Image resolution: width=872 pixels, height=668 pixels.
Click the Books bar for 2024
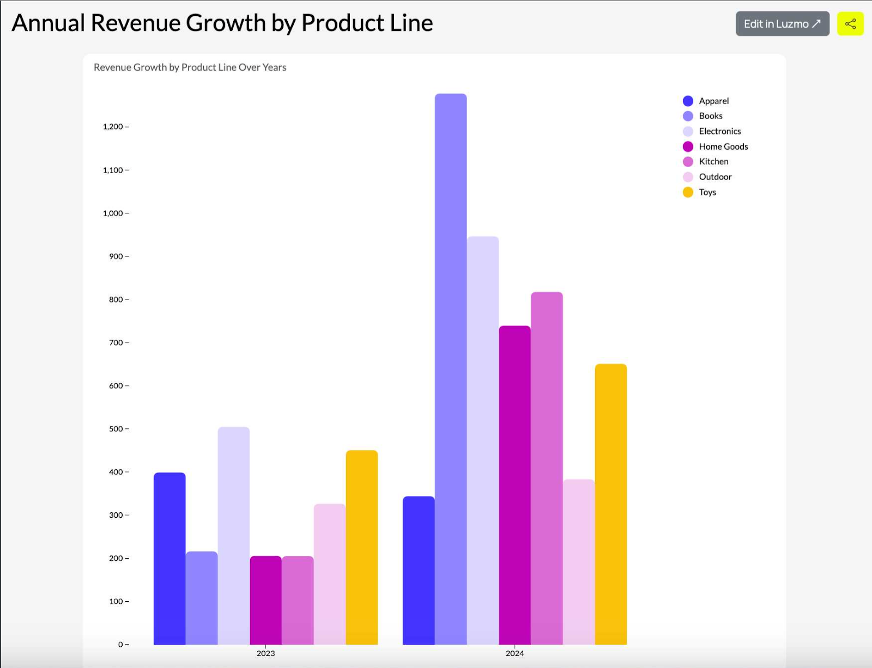(x=451, y=370)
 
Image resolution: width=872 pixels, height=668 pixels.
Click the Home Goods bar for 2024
(x=514, y=485)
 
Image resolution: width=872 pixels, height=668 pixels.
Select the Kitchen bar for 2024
(x=547, y=468)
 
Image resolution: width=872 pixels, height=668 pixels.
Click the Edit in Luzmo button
(x=782, y=24)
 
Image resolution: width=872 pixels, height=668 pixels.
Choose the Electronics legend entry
(x=719, y=131)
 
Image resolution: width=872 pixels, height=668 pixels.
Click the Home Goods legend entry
(x=723, y=146)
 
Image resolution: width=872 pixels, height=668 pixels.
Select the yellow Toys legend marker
(x=688, y=192)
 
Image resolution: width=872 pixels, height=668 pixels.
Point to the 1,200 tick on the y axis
(x=113, y=127)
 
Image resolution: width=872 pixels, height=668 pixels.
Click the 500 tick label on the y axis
(x=116, y=429)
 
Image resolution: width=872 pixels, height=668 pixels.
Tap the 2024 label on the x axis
(x=514, y=653)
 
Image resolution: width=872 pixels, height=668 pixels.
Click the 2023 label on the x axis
(x=265, y=653)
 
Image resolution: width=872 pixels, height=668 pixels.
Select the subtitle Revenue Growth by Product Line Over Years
(x=190, y=68)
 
